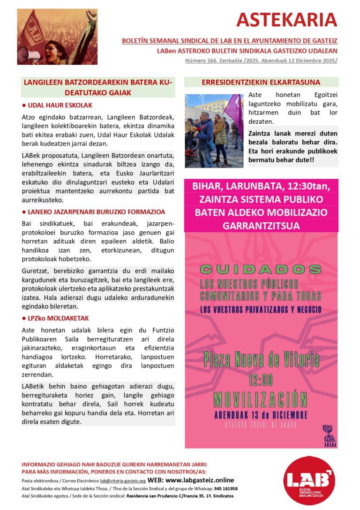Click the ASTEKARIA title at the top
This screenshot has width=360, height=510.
click(x=286, y=20)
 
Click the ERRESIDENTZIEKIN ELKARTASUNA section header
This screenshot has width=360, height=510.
click(x=261, y=82)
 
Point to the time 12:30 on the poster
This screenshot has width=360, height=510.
click(x=261, y=380)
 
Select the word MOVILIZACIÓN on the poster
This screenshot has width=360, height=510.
click(x=261, y=398)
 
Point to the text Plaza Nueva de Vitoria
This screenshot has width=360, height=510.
click(x=261, y=360)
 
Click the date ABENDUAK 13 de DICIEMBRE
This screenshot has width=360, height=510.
click(x=261, y=415)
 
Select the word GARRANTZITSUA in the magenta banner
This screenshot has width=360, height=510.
click(x=261, y=225)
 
